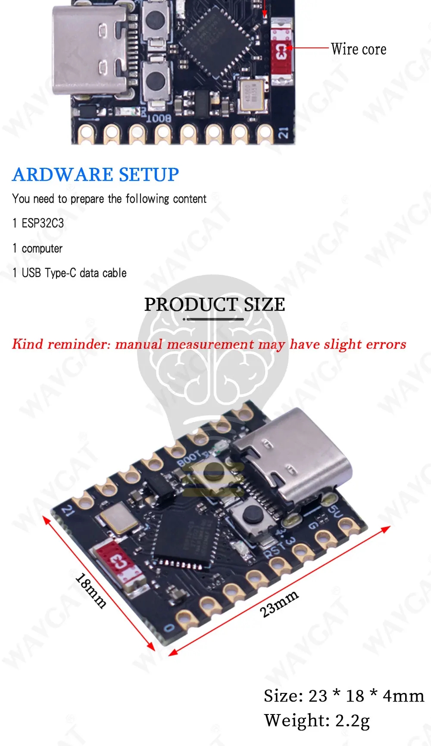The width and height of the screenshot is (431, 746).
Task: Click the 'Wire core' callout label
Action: point(359,49)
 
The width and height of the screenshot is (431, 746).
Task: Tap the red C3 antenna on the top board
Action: point(281,51)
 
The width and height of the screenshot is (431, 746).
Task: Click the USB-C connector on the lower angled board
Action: point(293,457)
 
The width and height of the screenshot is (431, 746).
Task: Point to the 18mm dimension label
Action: point(91,590)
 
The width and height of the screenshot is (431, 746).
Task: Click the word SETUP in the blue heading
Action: point(149,175)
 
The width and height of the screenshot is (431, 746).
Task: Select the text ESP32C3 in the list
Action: point(43,223)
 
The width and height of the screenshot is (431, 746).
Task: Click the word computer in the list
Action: point(42,249)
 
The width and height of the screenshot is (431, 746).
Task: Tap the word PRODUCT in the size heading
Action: point(191,305)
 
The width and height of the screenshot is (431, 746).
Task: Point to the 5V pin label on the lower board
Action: point(335,511)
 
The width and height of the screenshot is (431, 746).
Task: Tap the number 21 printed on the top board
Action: point(284,133)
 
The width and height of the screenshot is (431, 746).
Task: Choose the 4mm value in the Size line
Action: point(403,696)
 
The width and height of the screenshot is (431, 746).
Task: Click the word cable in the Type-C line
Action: point(115,273)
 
